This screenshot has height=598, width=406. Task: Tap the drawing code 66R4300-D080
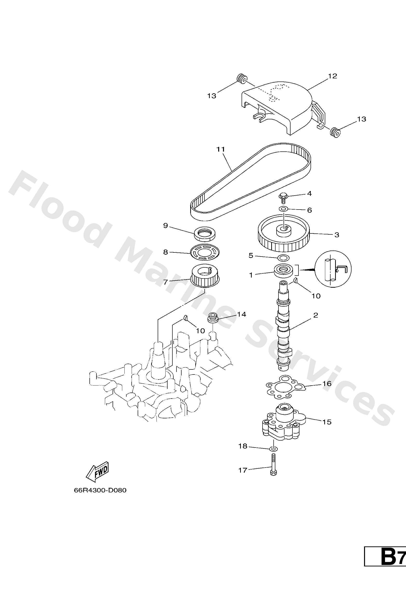click(100, 490)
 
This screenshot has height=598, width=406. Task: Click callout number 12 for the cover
click(332, 76)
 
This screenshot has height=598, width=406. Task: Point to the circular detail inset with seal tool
click(333, 270)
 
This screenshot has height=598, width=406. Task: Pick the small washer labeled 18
click(273, 449)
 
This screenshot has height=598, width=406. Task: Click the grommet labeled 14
click(212, 317)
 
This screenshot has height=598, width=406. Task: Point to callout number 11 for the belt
click(221, 149)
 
